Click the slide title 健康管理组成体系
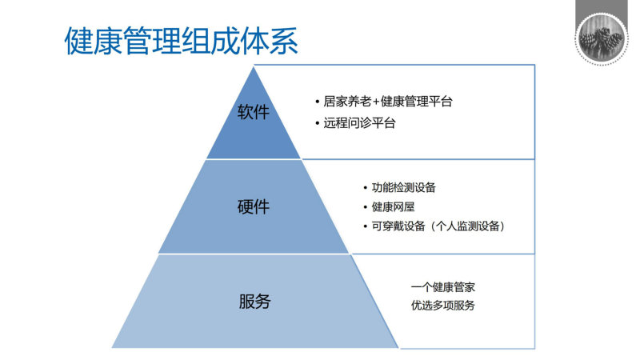pyautogui.click(x=182, y=41)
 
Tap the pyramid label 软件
pyautogui.click(x=254, y=112)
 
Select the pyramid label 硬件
pyautogui.click(x=254, y=206)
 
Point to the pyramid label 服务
pyautogui.click(x=254, y=302)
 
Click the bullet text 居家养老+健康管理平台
pyautogui.click(x=388, y=102)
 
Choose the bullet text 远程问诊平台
pyautogui.click(x=359, y=123)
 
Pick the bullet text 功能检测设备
pyautogui.click(x=404, y=187)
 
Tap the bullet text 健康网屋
pyautogui.click(x=393, y=207)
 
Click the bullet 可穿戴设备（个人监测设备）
pyautogui.click(x=438, y=226)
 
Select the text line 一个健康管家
pyautogui.click(x=443, y=287)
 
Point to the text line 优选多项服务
pyautogui.click(x=443, y=306)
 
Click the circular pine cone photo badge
pyautogui.click(x=602, y=39)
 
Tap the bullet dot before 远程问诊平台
pyautogui.click(x=317, y=123)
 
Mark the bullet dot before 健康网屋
pyautogui.click(x=366, y=207)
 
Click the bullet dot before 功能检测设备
pyautogui.click(x=366, y=188)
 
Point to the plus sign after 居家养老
pyautogui.click(x=376, y=102)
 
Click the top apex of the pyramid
pyautogui.click(x=254, y=66)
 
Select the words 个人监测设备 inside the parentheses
pyautogui.click(x=468, y=226)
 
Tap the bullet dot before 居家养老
pyautogui.click(x=317, y=102)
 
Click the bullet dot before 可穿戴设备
pyautogui.click(x=366, y=226)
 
